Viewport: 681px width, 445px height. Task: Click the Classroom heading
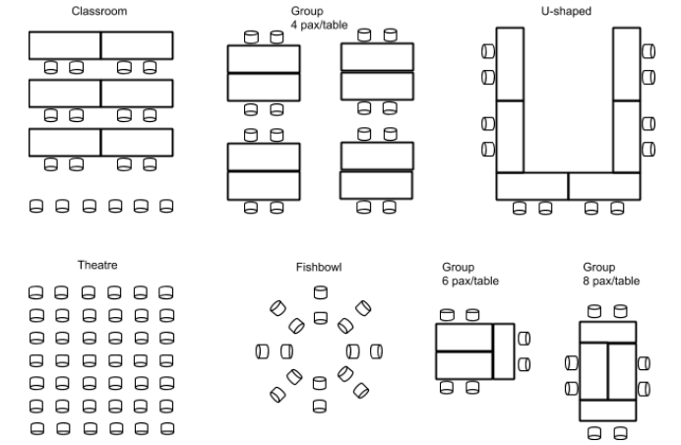(99, 12)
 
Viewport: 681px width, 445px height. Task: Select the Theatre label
(98, 265)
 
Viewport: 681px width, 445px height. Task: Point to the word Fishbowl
(319, 267)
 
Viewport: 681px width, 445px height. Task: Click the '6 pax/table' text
(469, 281)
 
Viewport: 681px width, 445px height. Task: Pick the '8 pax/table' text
(611, 281)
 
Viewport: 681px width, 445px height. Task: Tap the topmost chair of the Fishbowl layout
(320, 292)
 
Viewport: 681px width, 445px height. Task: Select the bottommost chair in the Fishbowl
(320, 405)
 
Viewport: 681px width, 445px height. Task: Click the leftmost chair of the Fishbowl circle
(262, 350)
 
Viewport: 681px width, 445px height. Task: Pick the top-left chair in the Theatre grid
(35, 292)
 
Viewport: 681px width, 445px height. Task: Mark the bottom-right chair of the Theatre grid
(165, 428)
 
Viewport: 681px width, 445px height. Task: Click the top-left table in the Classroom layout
(65, 45)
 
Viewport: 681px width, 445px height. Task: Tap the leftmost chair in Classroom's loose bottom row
(35, 206)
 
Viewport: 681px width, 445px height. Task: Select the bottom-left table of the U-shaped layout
(531, 186)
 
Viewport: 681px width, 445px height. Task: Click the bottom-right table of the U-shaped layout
(604, 186)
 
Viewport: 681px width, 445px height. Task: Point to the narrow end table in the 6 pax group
(505, 350)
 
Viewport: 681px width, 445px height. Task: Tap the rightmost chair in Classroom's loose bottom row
(166, 206)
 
